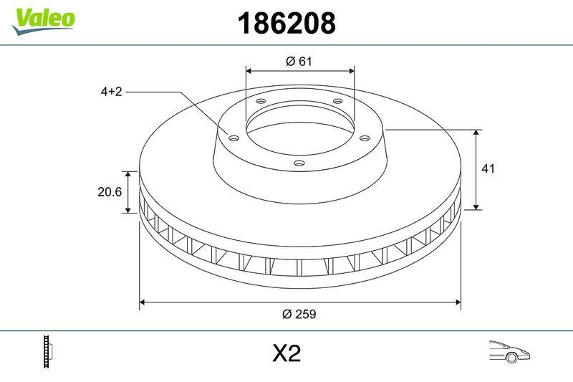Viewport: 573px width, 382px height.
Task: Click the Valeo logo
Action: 43,19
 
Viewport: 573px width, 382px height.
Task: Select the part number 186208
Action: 286,24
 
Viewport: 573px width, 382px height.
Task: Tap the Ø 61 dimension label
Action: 299,62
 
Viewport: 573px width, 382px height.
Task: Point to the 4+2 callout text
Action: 111,92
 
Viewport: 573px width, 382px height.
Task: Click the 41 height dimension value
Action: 489,169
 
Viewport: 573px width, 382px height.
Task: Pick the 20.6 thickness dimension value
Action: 107,192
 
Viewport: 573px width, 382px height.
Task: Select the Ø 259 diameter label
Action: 299,314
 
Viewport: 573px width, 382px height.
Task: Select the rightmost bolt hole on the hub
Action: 364,138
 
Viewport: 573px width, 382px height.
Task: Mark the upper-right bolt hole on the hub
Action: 337,102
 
